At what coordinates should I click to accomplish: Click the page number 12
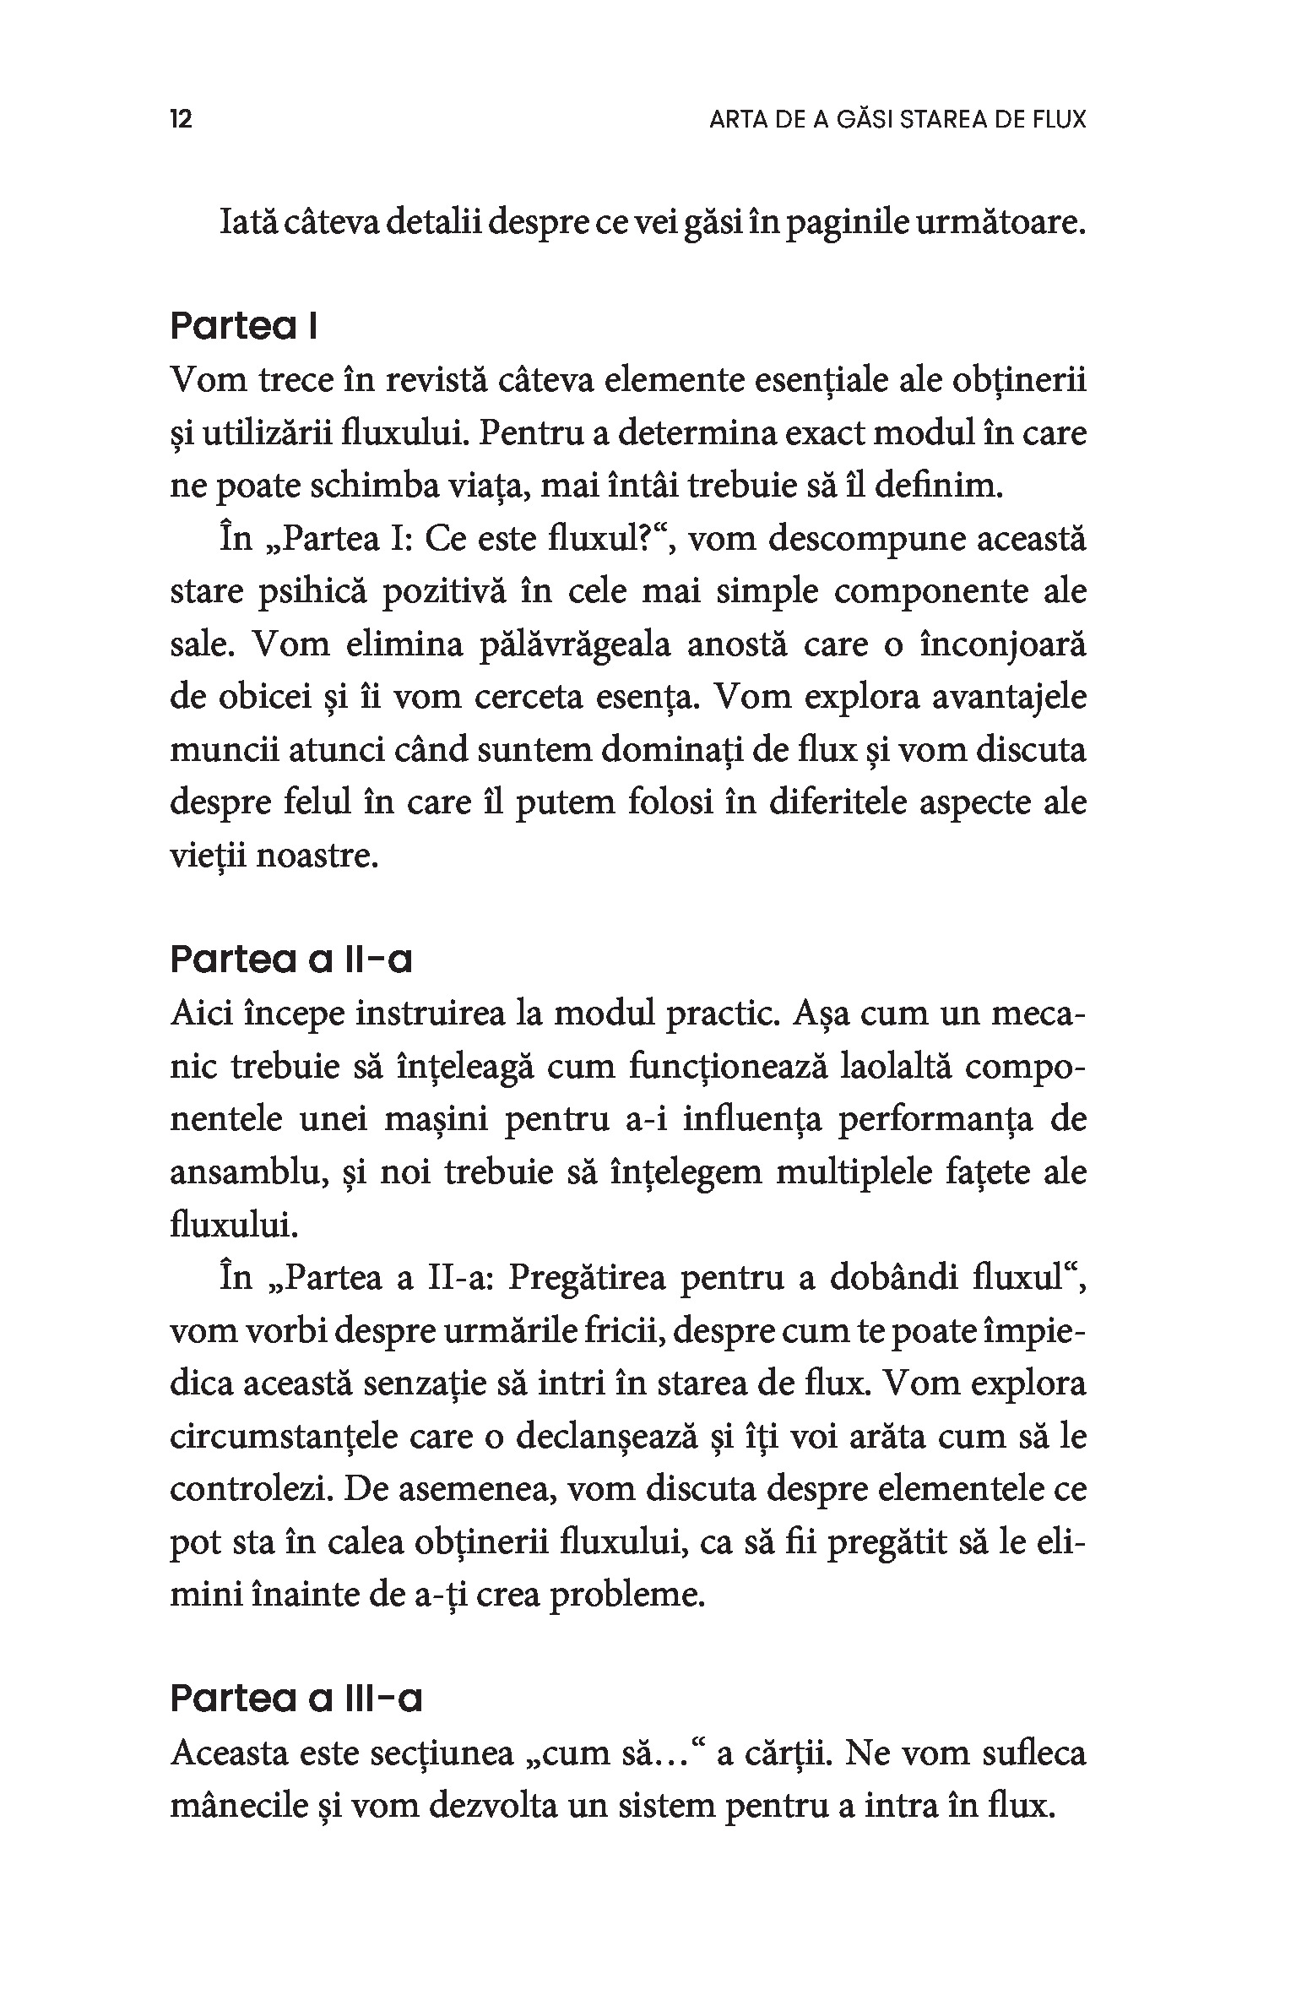click(x=182, y=119)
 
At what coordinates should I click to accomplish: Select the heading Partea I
click(x=243, y=326)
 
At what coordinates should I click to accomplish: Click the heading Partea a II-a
click(x=291, y=959)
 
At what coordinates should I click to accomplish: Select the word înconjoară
click(x=1002, y=644)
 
